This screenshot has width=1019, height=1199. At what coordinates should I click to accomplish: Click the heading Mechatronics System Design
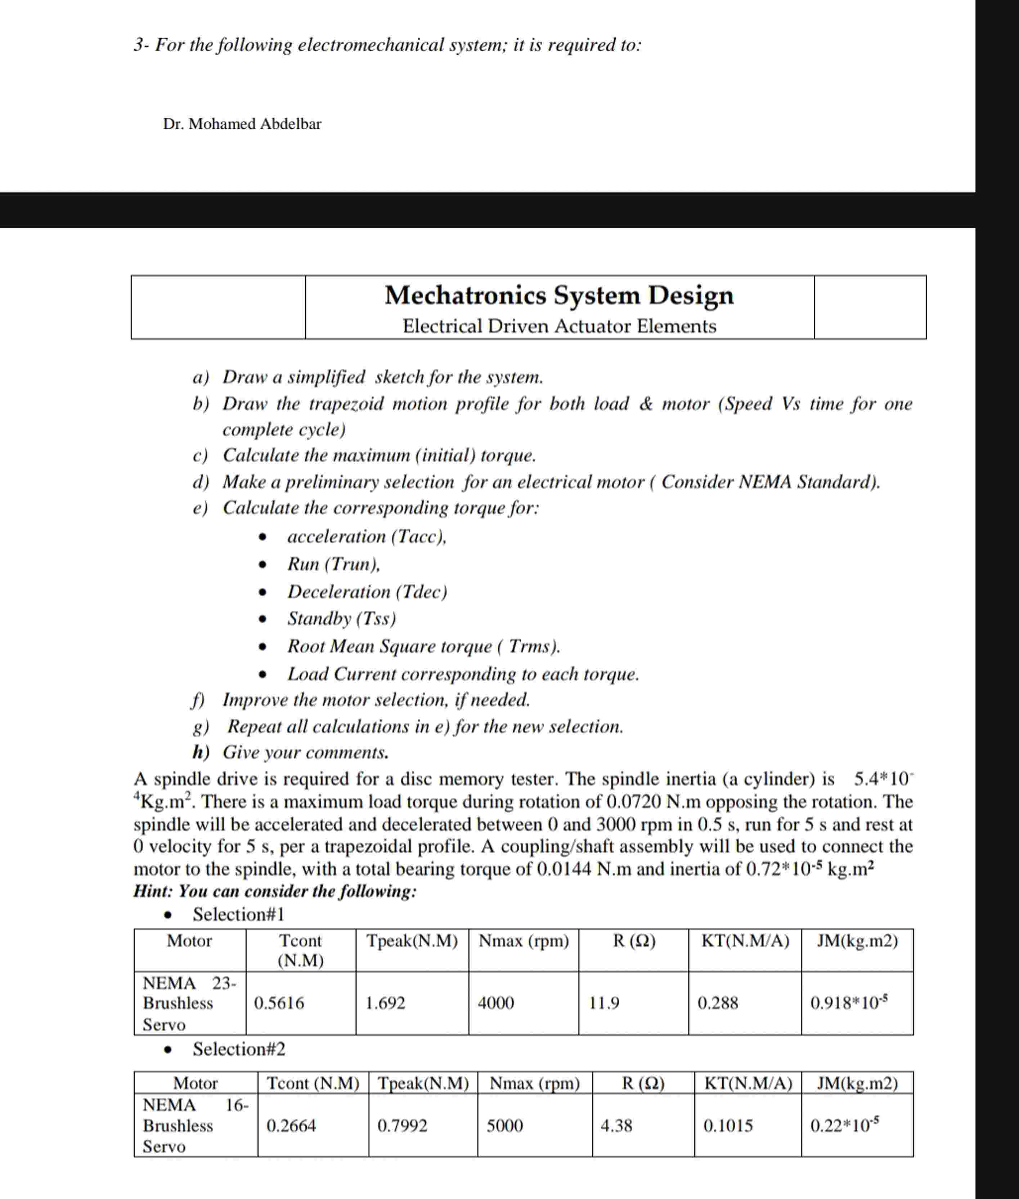pyautogui.click(x=559, y=295)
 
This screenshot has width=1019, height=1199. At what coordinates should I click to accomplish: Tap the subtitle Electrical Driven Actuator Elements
pyautogui.click(x=559, y=326)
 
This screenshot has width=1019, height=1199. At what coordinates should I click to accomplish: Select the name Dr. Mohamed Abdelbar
pyautogui.click(x=242, y=124)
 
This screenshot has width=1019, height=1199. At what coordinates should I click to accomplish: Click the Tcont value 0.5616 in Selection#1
pyautogui.click(x=279, y=1003)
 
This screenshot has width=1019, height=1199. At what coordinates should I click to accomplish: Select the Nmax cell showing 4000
pyautogui.click(x=495, y=1003)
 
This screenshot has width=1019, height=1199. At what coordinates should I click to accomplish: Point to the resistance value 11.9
pyautogui.click(x=604, y=1003)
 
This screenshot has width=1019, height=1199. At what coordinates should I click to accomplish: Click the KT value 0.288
pyautogui.click(x=718, y=1003)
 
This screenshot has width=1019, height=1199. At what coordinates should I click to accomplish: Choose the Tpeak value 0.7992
pyautogui.click(x=402, y=1126)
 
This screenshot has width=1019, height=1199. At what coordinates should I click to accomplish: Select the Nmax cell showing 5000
pyautogui.click(x=504, y=1126)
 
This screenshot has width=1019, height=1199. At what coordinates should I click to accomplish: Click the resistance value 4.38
pyautogui.click(x=616, y=1126)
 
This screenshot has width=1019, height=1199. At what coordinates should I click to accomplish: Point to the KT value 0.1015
pyautogui.click(x=728, y=1126)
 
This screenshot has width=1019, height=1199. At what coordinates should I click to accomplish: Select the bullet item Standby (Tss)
pyautogui.click(x=341, y=619)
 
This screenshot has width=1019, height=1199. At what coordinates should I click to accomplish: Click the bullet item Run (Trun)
pyautogui.click(x=333, y=564)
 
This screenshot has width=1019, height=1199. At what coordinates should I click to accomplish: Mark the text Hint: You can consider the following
pyautogui.click(x=274, y=891)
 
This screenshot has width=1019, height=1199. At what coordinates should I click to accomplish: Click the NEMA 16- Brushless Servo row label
pyautogui.click(x=195, y=1126)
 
